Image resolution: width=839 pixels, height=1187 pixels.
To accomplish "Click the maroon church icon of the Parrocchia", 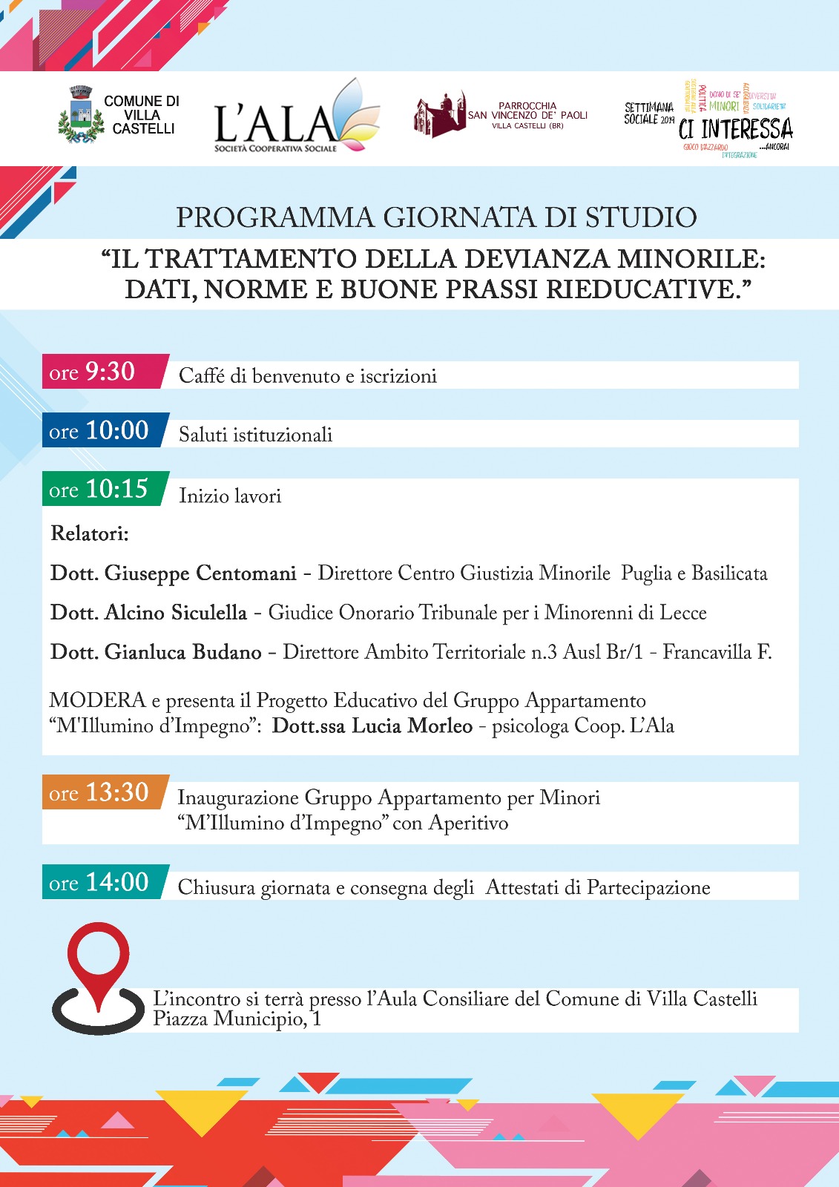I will pyautogui.click(x=439, y=116).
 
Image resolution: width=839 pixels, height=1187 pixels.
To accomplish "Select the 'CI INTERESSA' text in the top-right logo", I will pyautogui.click(x=735, y=129).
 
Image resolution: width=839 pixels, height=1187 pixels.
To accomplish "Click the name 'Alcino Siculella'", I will pyautogui.click(x=176, y=613).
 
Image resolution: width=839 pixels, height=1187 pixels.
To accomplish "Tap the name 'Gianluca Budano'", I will pyautogui.click(x=183, y=652).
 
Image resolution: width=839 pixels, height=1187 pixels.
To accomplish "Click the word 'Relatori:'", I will pyautogui.click(x=90, y=533).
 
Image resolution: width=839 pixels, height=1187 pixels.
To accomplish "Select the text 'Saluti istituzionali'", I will pyautogui.click(x=255, y=435).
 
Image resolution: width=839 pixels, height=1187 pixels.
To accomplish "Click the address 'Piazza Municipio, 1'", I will pyautogui.click(x=237, y=1019).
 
